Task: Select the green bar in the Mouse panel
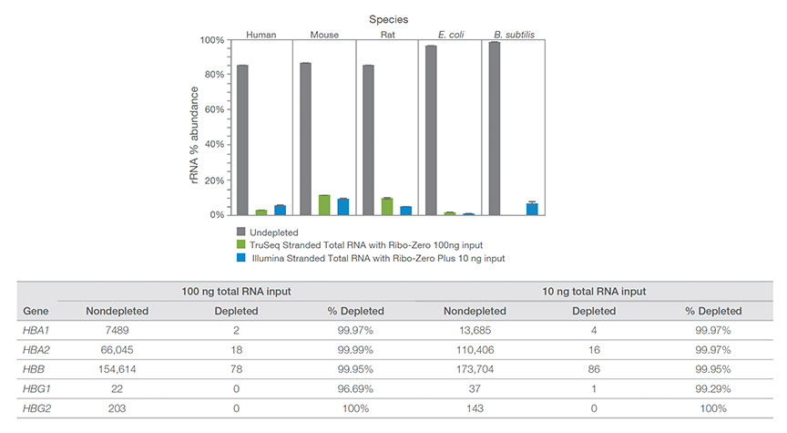pyautogui.click(x=324, y=205)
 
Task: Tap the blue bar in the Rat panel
pyautogui.click(x=405, y=211)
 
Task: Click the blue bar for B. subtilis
pyautogui.click(x=531, y=209)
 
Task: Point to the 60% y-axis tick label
pyautogui.click(x=213, y=109)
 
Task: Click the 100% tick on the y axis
pyautogui.click(x=211, y=40)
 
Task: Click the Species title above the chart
pyautogui.click(x=389, y=18)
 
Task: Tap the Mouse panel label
pyautogui.click(x=323, y=35)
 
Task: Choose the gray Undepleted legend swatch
pyautogui.click(x=241, y=232)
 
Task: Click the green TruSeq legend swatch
pyautogui.click(x=241, y=244)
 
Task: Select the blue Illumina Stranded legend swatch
pyautogui.click(x=241, y=258)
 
